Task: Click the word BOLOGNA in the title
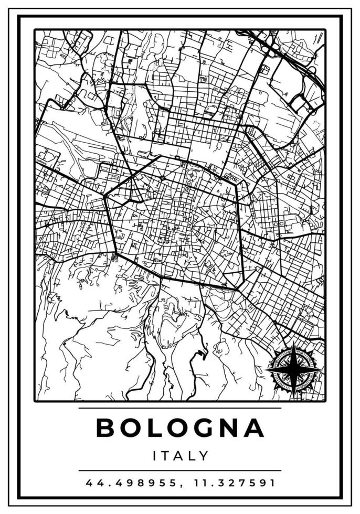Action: coord(180,427)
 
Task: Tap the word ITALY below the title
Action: coord(181,455)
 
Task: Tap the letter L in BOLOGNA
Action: coord(154,427)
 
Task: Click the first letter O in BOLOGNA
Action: coord(130,427)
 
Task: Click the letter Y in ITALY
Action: coord(204,455)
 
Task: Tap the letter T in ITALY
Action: coord(166,455)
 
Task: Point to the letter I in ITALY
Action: coord(155,455)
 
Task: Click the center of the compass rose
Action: coord(294,370)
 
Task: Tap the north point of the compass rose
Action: coord(294,345)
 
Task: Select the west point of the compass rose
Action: coord(267,370)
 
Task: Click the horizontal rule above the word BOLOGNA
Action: coord(180,408)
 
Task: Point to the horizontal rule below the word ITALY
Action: coord(180,470)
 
